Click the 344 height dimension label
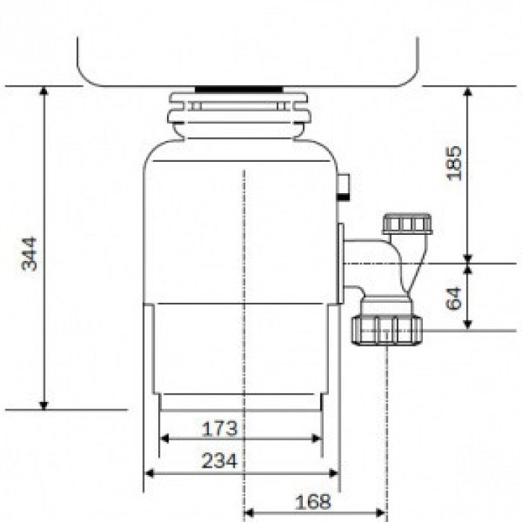pyautogui.click(x=29, y=254)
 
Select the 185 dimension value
pyautogui.click(x=454, y=162)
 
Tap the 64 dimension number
pyautogui.click(x=454, y=297)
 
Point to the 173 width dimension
pyautogui.click(x=219, y=429)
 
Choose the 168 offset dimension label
pyautogui.click(x=313, y=502)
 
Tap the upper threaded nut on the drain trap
pyautogui.click(x=406, y=224)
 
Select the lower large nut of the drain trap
pyautogui.click(x=386, y=329)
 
